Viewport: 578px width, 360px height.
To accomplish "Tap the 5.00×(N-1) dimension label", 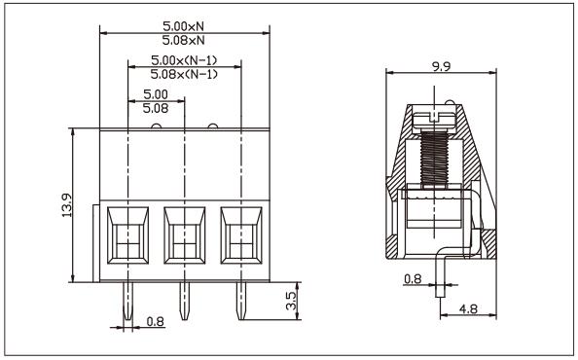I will coord(184,61).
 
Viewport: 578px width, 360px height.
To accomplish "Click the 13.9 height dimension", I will coord(64,206).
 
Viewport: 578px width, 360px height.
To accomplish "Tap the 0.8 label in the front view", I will coord(154,320).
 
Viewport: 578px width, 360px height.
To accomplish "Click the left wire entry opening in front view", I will coord(128,236).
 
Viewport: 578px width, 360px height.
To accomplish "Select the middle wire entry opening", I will coord(185,236).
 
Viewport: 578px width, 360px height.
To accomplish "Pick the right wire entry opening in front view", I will coord(240,236).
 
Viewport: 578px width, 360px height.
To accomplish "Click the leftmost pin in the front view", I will coord(128,303).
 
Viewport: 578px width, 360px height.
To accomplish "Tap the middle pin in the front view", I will coord(184,303).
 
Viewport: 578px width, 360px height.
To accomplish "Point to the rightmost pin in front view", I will coord(239,303).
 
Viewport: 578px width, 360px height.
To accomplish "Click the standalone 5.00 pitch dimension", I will coord(156,94).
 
